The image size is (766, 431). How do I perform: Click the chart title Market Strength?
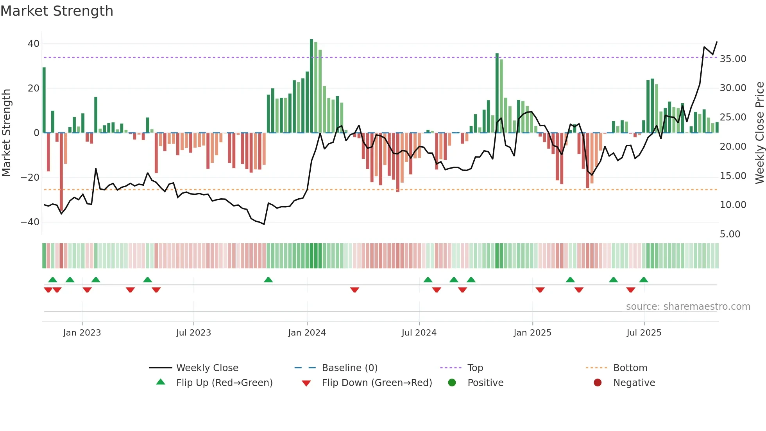57,11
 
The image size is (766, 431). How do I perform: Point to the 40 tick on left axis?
34,44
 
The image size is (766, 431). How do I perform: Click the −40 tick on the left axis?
30,222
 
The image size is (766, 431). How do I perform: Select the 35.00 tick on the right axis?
733,59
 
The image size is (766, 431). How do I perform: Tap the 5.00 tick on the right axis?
730,234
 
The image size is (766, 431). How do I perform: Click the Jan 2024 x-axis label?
307,333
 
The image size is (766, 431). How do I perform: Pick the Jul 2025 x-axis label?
644,333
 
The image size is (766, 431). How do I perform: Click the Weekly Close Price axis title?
759,133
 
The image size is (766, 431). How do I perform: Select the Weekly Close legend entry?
207,368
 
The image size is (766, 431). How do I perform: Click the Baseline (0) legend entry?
349,368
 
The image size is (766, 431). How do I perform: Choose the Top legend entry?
475,368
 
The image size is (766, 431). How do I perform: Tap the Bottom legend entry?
630,368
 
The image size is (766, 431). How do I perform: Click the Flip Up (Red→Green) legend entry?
224,383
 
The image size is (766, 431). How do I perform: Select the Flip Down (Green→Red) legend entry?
376,383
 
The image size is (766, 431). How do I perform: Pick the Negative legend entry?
634,383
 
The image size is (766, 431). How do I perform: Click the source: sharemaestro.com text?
688,307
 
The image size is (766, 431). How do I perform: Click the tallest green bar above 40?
311,86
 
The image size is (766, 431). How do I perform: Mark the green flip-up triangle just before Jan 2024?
268,280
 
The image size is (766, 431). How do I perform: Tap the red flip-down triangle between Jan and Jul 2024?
354,290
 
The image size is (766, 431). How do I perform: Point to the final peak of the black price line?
717,42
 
